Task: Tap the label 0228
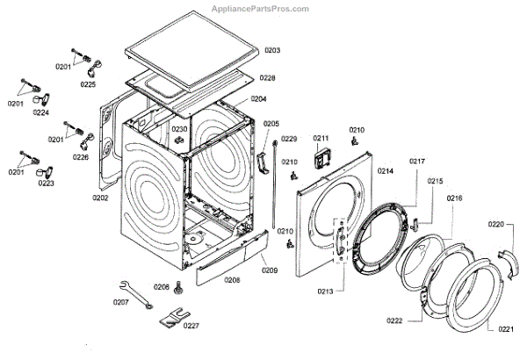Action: tap(267, 78)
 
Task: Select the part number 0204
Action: tap(258, 99)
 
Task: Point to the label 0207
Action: tap(120, 303)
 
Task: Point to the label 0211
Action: tap(321, 139)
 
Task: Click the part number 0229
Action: tap(289, 139)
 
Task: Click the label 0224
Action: tap(41, 113)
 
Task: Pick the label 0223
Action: tap(46, 184)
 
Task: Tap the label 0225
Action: tap(89, 84)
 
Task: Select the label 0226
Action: tap(81, 157)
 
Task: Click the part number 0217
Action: tap(416, 161)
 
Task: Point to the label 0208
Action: tap(232, 280)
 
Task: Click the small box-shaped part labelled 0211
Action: tap(321, 160)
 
